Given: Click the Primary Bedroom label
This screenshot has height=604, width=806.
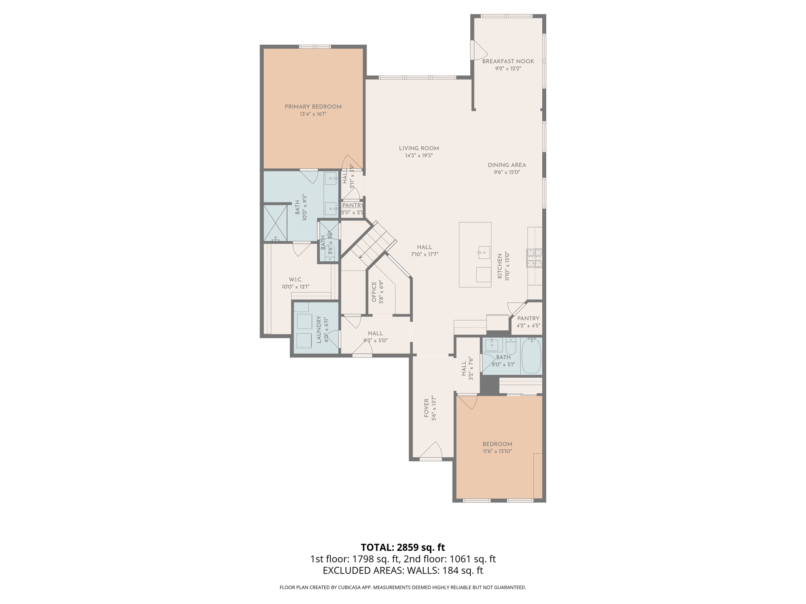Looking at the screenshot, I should pos(313,107).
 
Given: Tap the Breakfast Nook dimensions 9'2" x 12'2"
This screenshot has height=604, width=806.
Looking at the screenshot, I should pos(508,68).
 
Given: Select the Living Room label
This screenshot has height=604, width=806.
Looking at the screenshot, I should pos(419,148).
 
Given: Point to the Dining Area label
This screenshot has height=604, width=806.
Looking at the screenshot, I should pos(507,165).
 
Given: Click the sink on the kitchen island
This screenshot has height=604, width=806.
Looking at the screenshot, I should pos(484,252).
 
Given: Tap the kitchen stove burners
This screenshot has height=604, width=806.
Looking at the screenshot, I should pos(534,258).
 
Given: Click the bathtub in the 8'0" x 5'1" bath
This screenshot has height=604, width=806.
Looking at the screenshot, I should pos(531,356).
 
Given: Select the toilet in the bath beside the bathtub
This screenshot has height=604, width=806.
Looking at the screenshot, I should pos(511,346).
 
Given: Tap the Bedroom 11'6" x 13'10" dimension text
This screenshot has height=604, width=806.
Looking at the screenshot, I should pos(497,451).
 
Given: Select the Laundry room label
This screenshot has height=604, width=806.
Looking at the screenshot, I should pos(319,330).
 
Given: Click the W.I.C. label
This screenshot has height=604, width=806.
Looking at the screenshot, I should pos(296,280).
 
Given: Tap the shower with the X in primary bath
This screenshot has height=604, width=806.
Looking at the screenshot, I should pos(275,223).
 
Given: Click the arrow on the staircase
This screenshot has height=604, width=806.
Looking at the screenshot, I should pos(361,256).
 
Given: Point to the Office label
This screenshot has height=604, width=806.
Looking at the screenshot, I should pos(374,291).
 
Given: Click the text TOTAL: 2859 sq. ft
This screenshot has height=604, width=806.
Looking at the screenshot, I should pos(403,547).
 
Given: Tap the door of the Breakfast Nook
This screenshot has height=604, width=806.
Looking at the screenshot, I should pos(479,50).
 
